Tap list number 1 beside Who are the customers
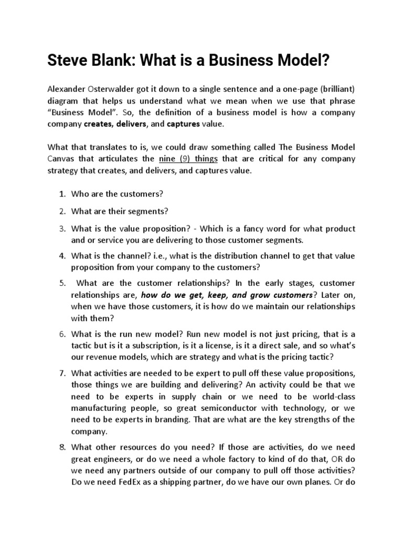click(x=61, y=193)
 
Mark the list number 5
click(x=61, y=283)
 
